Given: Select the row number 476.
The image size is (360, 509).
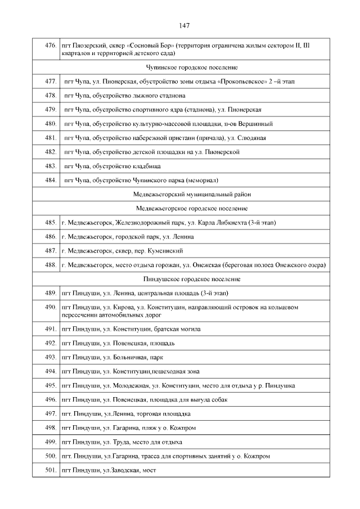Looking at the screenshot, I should [x=49, y=45].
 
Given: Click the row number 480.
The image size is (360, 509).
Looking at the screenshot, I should [x=49, y=124].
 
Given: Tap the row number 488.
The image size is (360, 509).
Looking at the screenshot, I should [x=49, y=265].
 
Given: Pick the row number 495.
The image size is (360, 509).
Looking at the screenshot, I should [x=49, y=385].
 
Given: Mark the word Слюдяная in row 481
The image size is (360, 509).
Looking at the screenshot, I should [x=252, y=138].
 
